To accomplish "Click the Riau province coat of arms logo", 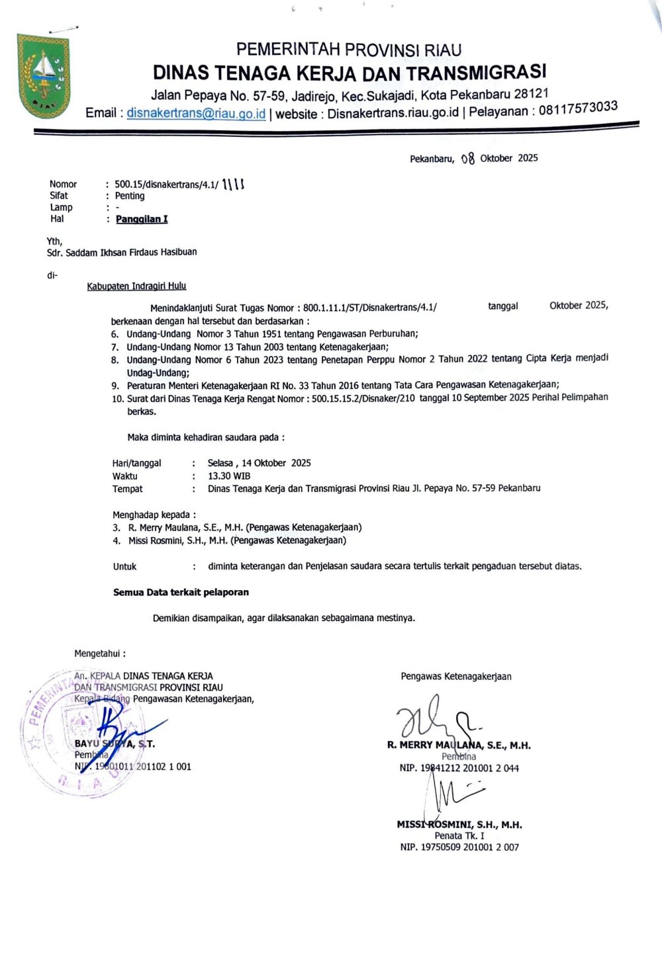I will [43, 77].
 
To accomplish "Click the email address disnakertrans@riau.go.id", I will [196, 113].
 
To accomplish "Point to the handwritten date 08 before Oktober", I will [468, 159].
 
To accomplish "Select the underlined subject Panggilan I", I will [142, 219].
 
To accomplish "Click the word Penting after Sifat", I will [130, 196].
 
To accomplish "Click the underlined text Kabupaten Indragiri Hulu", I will [136, 286].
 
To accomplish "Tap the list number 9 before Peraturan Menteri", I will [115, 386].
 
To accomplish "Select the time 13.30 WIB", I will [229, 476].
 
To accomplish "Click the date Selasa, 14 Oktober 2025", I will [259, 463].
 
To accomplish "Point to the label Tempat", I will [128, 489].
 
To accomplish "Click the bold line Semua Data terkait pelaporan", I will [181, 592].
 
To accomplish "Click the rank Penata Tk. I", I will [459, 835].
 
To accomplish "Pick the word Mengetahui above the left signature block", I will [100, 654].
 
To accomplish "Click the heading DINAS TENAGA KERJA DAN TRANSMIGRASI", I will [350, 71].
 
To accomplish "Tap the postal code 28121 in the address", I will [531, 93].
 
